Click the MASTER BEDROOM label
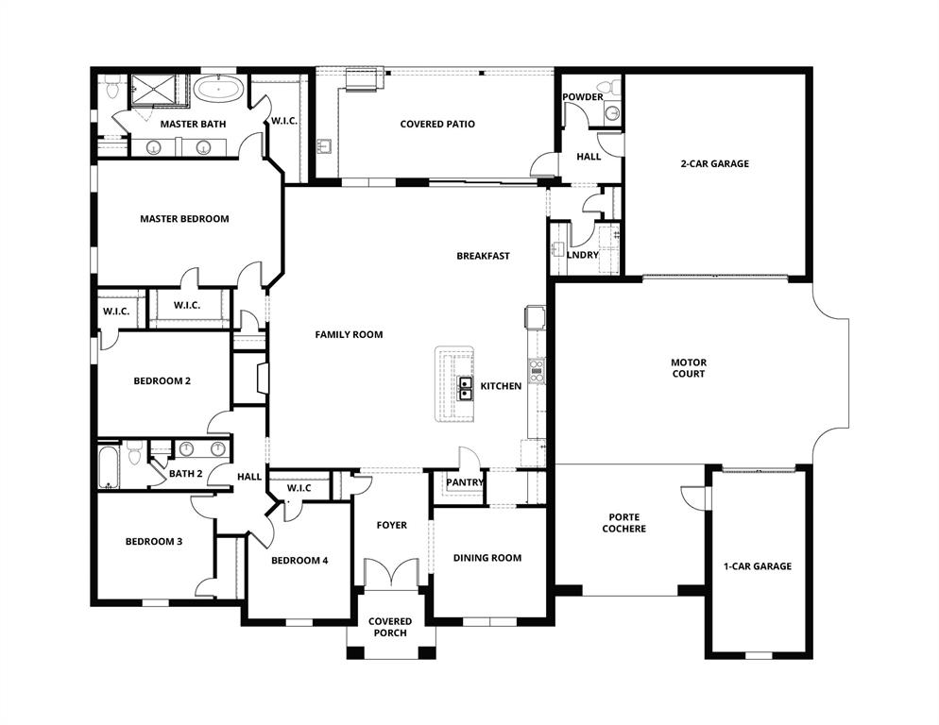(x=184, y=219)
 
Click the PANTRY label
(x=464, y=483)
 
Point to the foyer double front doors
(x=391, y=573)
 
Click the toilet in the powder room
(x=615, y=89)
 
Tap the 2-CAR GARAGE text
(x=714, y=164)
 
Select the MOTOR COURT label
(x=688, y=368)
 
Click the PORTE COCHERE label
(x=624, y=523)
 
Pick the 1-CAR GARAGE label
(x=758, y=566)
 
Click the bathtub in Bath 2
(x=110, y=466)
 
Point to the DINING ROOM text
(x=487, y=558)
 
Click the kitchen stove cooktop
(x=537, y=370)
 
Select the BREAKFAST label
(x=483, y=256)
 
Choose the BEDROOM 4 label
(x=299, y=561)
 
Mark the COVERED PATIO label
(x=437, y=125)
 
